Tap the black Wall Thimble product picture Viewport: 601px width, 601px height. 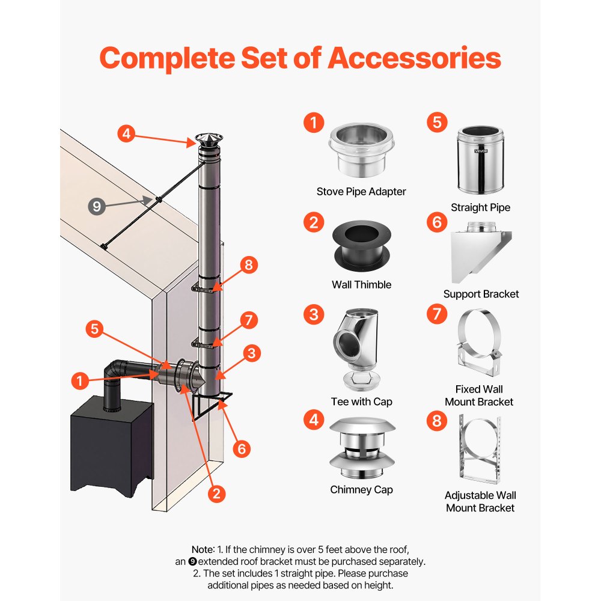coord(361,247)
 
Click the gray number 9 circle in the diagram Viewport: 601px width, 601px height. coord(97,207)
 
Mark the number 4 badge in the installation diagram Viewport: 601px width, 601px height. coord(126,133)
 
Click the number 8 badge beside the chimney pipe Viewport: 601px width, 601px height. coord(252,266)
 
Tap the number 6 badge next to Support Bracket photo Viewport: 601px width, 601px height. coord(437,222)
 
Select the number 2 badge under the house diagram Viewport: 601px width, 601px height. coord(217,493)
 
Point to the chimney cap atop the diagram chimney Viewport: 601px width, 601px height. coord(206,142)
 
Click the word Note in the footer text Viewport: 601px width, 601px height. coord(201,549)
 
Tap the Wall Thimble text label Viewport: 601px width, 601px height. coord(361,284)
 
